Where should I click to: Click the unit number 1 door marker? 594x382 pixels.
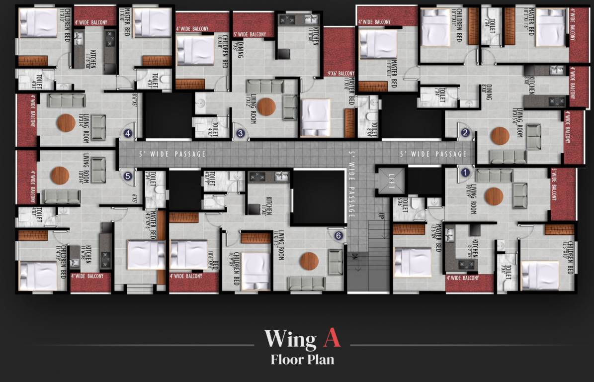[x=465, y=173]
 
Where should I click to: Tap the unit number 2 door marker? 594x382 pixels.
[x=465, y=133]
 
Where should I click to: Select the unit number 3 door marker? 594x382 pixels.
[x=241, y=133]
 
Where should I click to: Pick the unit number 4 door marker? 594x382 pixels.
[x=128, y=133]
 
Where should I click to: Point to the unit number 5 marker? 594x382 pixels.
[x=128, y=176]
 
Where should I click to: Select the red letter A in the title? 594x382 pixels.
[x=332, y=338]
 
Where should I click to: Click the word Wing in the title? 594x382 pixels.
[x=290, y=339]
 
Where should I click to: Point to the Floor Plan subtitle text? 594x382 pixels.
[x=302, y=359]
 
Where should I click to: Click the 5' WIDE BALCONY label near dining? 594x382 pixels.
[x=250, y=34]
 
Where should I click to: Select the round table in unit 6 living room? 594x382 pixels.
[x=309, y=261]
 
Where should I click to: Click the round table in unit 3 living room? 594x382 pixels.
[x=266, y=106]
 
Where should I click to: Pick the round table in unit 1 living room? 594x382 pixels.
[x=494, y=196]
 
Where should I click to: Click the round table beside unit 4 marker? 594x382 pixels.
[x=66, y=122]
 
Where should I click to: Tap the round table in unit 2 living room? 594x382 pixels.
[x=500, y=136]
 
